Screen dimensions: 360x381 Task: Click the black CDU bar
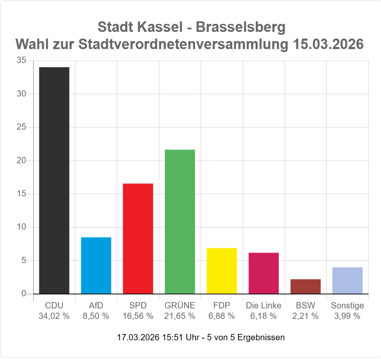[x=54, y=180]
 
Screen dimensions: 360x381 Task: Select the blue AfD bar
[x=96, y=265]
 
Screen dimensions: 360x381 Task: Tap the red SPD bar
[x=138, y=238]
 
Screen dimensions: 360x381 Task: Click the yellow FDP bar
[x=221, y=271]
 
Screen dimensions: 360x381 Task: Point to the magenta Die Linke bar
[x=263, y=273]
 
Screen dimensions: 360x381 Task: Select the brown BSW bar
[x=305, y=286]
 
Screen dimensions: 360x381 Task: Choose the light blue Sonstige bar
[x=347, y=280]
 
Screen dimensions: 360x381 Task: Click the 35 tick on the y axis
[x=21, y=60]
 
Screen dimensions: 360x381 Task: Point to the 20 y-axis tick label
[x=21, y=161]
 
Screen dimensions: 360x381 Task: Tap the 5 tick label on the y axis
[x=24, y=260]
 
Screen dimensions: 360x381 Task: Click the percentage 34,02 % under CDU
[x=54, y=316]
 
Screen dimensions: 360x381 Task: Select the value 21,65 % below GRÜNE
[x=180, y=316]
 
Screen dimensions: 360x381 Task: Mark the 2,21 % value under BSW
[x=305, y=316]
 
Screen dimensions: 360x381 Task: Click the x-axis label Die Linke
[x=263, y=306]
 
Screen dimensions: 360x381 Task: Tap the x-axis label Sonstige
[x=347, y=306]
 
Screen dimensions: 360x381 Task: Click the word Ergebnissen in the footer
[x=260, y=337]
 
